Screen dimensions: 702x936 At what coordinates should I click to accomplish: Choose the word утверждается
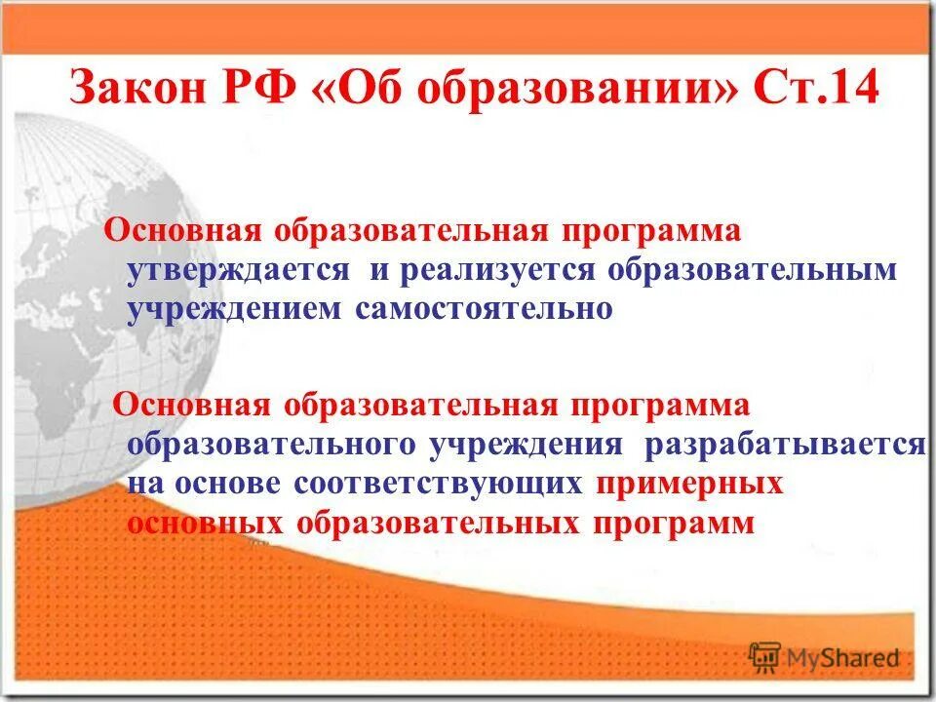tap(238, 270)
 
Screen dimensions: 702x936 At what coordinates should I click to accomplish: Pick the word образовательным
tap(751, 270)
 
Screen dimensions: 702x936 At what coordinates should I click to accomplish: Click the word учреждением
tap(235, 308)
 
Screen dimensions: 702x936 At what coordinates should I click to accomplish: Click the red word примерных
tap(691, 484)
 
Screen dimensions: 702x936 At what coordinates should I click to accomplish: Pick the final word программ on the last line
tap(673, 523)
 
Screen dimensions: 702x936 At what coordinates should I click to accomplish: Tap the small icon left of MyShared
tap(764, 657)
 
